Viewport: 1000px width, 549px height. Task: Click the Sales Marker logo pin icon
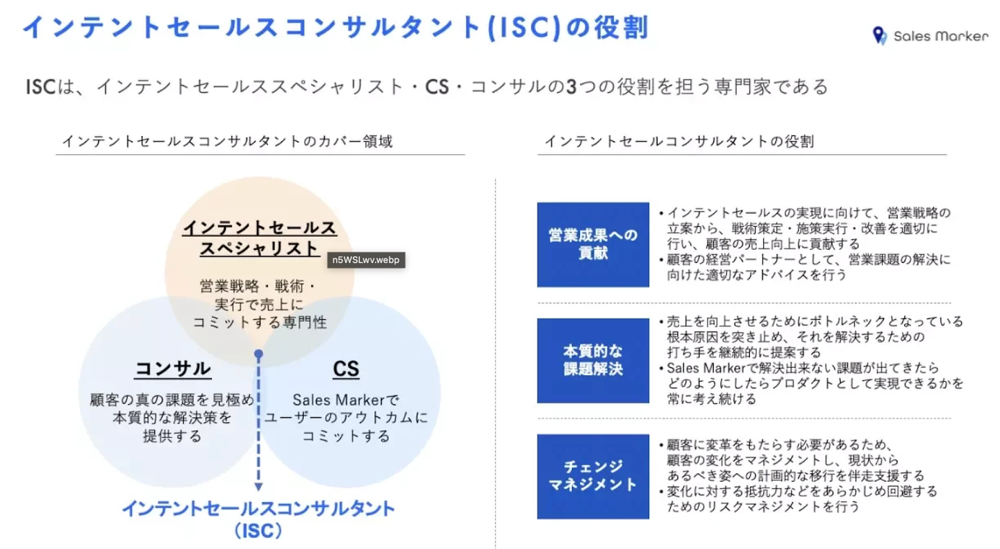click(x=880, y=36)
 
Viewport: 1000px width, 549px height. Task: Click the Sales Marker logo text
click(x=940, y=36)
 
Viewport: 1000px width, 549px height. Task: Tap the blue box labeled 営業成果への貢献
click(x=593, y=244)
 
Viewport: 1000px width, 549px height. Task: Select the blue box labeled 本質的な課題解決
click(x=593, y=360)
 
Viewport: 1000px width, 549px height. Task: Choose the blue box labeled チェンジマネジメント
click(x=593, y=475)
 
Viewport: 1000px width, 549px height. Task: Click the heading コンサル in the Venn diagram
click(x=173, y=369)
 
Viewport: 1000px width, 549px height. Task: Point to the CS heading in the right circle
click(x=346, y=369)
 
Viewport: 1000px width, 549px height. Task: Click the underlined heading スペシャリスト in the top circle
click(x=259, y=248)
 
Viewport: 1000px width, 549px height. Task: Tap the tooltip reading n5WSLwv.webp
click(x=367, y=260)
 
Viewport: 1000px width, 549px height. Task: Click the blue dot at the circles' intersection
click(x=258, y=354)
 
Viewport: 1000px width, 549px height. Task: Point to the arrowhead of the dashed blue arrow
click(x=258, y=487)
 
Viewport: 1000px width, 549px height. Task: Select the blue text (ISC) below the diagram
click(x=258, y=532)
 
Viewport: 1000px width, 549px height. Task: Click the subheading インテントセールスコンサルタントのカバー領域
click(x=227, y=142)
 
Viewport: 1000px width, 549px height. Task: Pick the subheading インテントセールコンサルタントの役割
click(x=679, y=142)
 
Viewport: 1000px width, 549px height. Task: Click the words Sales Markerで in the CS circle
click(x=346, y=400)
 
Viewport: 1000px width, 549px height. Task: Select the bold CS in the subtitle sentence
click(x=438, y=87)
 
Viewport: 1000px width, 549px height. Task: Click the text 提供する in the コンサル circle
click(x=172, y=436)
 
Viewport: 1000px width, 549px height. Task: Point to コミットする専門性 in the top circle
click(x=259, y=322)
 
